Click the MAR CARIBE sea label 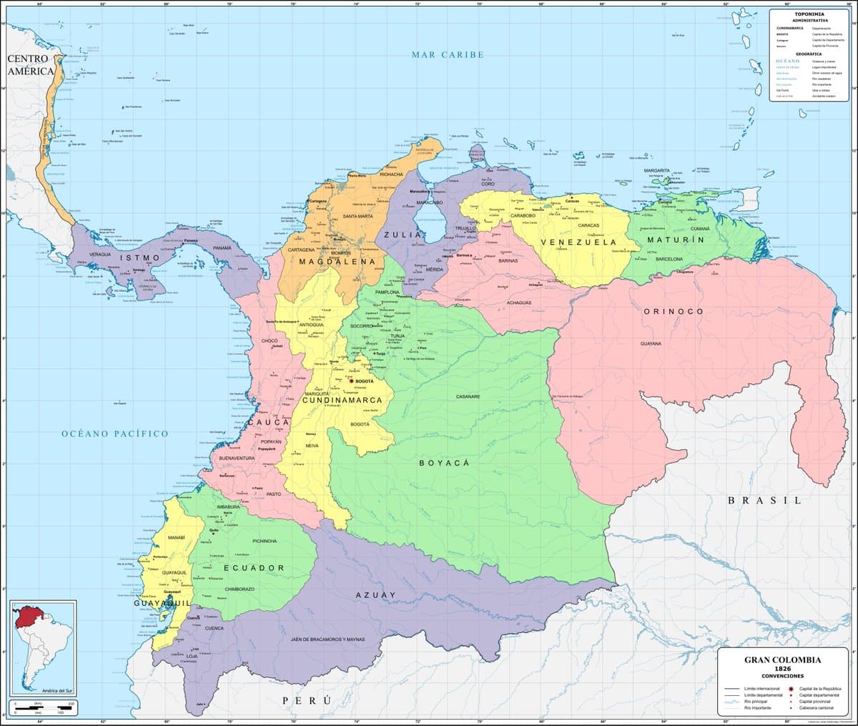coord(448,55)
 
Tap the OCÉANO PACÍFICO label coord(114,433)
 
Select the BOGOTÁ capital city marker coord(350,381)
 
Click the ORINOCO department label coord(673,312)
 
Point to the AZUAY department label coord(375,595)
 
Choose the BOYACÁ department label coord(443,463)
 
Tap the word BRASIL coord(764,501)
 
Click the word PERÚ coord(307,700)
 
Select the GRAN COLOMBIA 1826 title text coord(782,664)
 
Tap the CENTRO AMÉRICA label coord(29,65)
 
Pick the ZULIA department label coord(398,235)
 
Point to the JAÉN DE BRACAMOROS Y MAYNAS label coord(327,639)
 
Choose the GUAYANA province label coord(651,344)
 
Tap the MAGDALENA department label coord(337,263)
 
